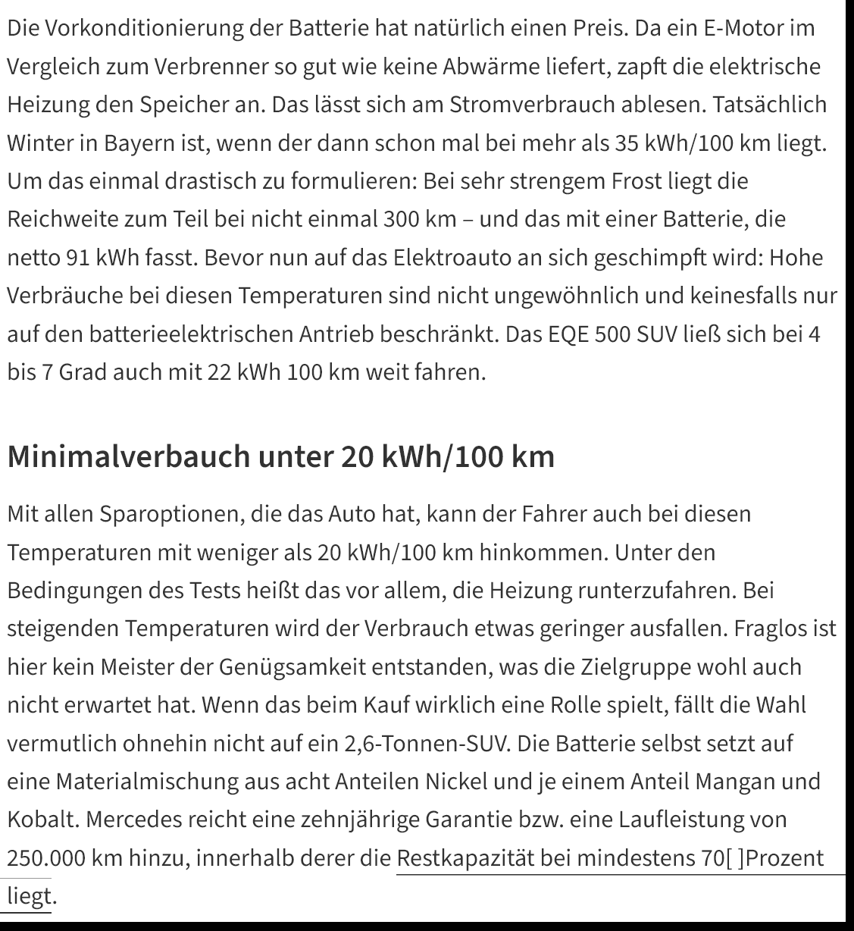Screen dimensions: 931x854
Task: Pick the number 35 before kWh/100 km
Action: [x=626, y=143]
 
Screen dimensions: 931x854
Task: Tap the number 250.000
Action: [x=46, y=858]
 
